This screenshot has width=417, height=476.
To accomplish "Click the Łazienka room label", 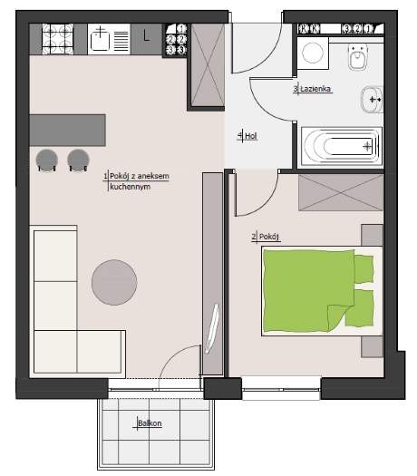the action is click(315, 89).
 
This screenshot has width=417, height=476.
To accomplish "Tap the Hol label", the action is click(251, 136).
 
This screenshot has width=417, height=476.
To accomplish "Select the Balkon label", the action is click(150, 423).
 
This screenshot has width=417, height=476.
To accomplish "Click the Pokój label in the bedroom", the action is click(269, 237).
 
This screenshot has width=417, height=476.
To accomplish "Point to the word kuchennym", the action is click(131, 187).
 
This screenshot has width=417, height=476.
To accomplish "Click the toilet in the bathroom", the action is click(358, 56).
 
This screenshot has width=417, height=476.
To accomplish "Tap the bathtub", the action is click(342, 147).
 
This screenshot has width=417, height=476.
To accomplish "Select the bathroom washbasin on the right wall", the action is click(372, 99).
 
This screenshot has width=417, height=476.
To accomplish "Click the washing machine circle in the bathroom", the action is click(313, 53).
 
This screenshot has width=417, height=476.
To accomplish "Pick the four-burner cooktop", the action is click(58, 40).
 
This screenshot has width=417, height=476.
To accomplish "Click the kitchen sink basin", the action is click(100, 41).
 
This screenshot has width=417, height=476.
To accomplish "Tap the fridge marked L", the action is click(146, 40).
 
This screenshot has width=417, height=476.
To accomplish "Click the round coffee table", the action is click(114, 282).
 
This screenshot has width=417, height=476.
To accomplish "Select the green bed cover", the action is click(308, 290).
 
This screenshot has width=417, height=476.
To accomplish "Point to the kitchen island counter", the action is click(67, 131).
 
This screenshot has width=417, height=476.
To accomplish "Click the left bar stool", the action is click(47, 160).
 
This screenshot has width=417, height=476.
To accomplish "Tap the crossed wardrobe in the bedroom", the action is click(341, 193).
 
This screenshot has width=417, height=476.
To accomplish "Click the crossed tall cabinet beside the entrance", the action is click(208, 65).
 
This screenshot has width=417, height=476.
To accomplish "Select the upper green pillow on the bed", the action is click(364, 269).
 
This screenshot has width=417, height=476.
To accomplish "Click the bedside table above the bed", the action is click(373, 235).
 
